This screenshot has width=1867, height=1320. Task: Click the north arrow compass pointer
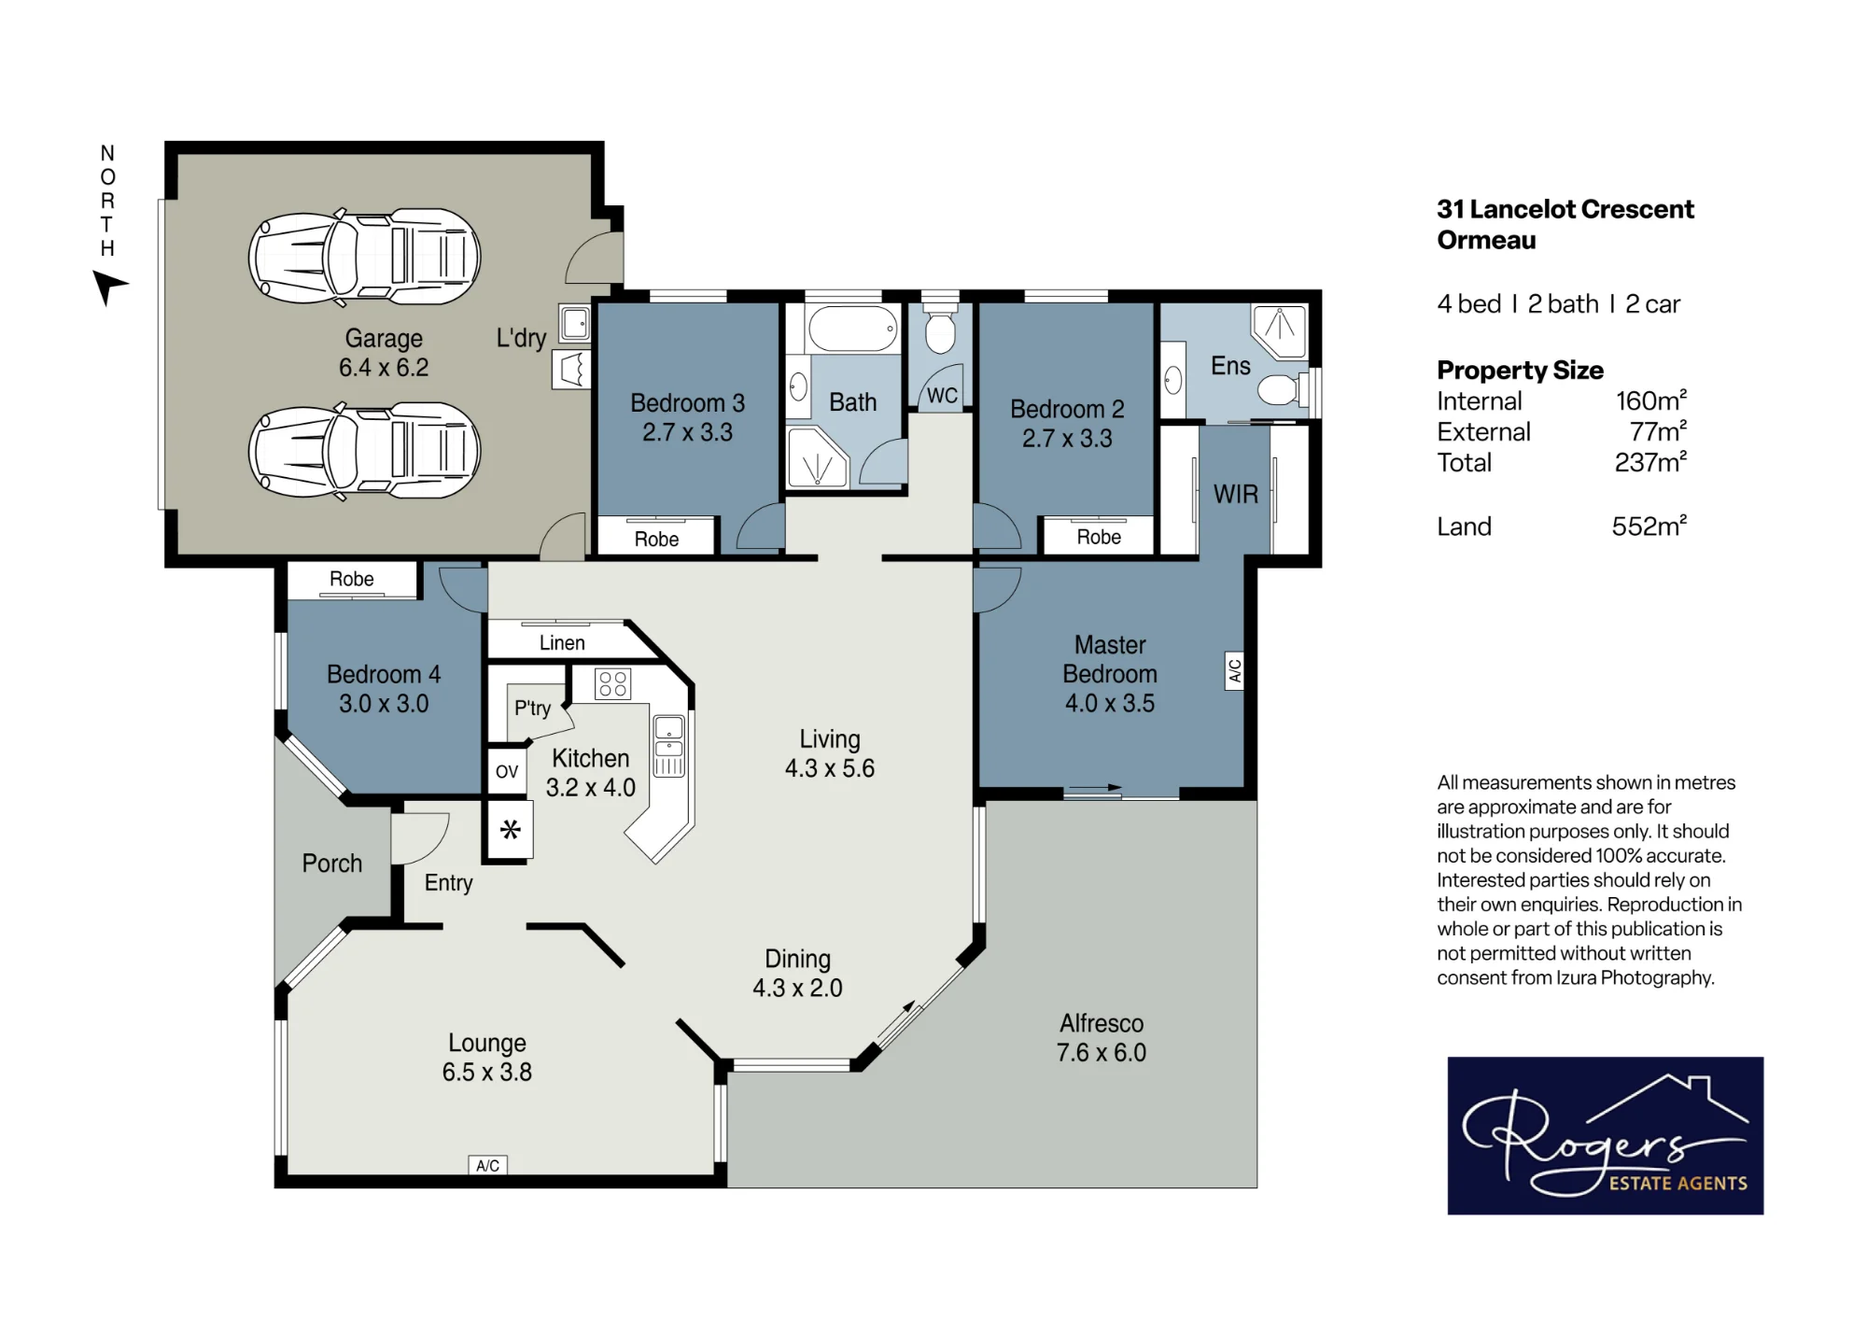pyautogui.click(x=108, y=286)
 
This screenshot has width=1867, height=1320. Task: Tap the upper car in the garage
pyautogui.click(x=364, y=257)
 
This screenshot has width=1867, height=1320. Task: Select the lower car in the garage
pyautogui.click(x=364, y=451)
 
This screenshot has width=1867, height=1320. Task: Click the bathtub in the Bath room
pyautogui.click(x=852, y=329)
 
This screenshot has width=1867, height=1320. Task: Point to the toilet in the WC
pyautogui.click(x=940, y=326)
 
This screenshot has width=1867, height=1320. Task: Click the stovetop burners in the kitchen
pyautogui.click(x=613, y=684)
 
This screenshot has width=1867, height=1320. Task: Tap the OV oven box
pyautogui.click(x=507, y=772)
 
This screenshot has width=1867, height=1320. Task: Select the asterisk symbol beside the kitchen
pyautogui.click(x=510, y=829)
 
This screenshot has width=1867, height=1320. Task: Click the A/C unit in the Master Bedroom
pyautogui.click(x=1234, y=671)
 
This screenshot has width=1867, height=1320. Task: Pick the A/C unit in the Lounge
pyautogui.click(x=487, y=1165)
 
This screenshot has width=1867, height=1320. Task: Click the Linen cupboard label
pyautogui.click(x=562, y=643)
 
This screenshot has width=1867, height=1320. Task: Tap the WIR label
pyautogui.click(x=1236, y=494)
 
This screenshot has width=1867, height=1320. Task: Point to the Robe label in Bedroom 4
pyautogui.click(x=352, y=579)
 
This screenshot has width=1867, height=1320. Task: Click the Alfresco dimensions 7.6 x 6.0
pyautogui.click(x=1102, y=1053)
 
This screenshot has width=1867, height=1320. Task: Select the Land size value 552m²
pyautogui.click(x=1649, y=527)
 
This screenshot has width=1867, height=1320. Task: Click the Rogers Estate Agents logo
pyautogui.click(x=1605, y=1135)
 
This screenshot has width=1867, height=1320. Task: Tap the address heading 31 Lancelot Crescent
pyautogui.click(x=1565, y=209)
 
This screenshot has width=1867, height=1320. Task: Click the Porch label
pyautogui.click(x=332, y=864)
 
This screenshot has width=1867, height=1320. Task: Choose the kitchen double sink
pyautogui.click(x=668, y=746)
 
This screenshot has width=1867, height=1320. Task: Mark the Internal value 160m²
pyautogui.click(x=1651, y=401)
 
